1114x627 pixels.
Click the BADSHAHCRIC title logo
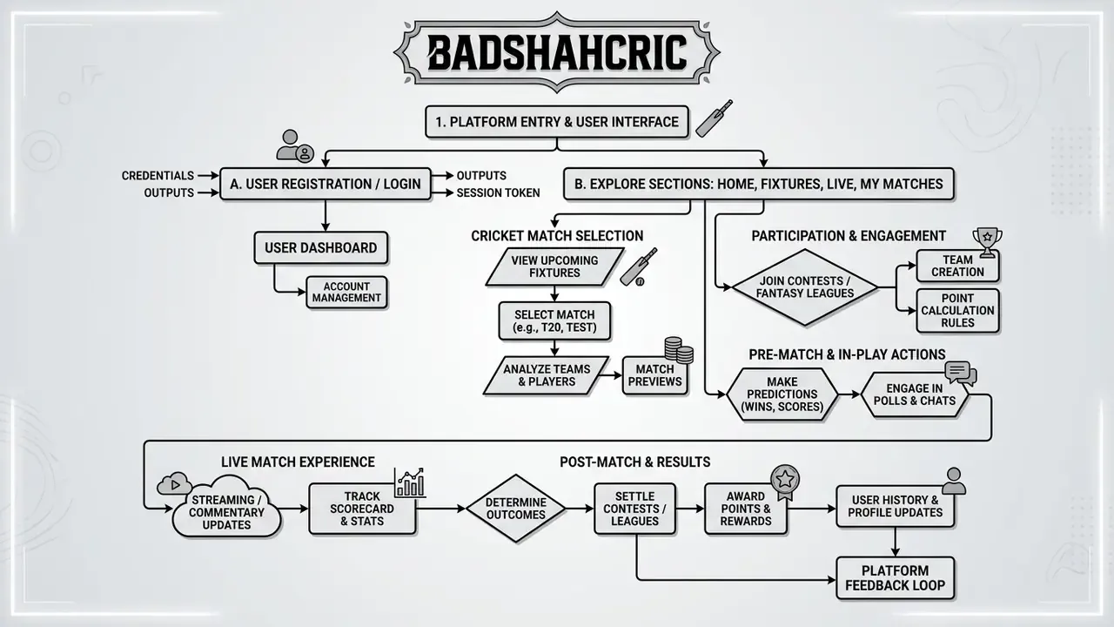pyautogui.click(x=556, y=51)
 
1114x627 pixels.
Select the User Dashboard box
pyautogui.click(x=321, y=248)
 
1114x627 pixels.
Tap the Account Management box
pyautogui.click(x=346, y=292)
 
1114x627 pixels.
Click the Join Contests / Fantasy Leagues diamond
pyautogui.click(x=805, y=287)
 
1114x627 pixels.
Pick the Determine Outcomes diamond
pyautogui.click(x=516, y=509)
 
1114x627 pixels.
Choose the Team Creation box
pyautogui.click(x=958, y=266)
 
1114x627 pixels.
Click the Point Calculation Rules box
pyautogui.click(x=958, y=311)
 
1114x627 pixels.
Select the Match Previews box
pyautogui.click(x=655, y=375)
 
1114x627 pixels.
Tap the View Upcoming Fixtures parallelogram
pyautogui.click(x=554, y=266)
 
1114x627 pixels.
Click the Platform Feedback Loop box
pyautogui.click(x=896, y=577)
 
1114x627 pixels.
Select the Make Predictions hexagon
pyautogui.click(x=782, y=394)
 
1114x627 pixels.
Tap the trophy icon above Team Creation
pyautogui.click(x=987, y=242)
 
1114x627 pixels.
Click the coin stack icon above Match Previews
pyautogui.click(x=679, y=350)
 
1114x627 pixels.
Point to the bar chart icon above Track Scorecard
pyautogui.click(x=410, y=482)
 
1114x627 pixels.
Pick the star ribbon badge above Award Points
pyautogui.click(x=785, y=482)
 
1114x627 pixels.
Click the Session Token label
pyautogui.click(x=498, y=192)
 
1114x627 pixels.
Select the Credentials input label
pyautogui.click(x=158, y=176)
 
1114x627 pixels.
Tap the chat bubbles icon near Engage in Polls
pyautogui.click(x=960, y=374)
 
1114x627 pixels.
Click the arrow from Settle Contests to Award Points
pyautogui.click(x=690, y=509)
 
